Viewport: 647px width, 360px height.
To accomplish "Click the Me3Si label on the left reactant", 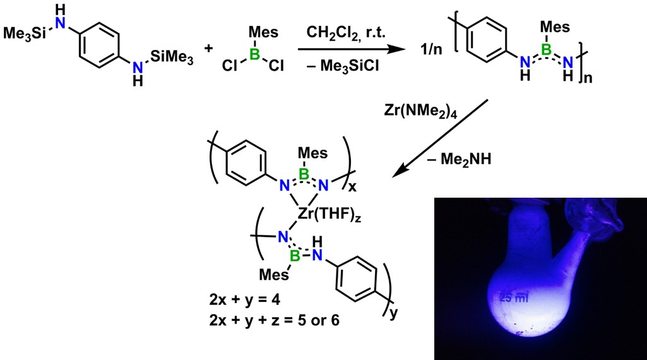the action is tap(25, 33).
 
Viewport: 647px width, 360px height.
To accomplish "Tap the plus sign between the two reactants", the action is tap(209, 48).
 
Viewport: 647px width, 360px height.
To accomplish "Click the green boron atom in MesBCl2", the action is tap(256, 54).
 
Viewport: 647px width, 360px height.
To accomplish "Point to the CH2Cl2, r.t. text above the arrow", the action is tap(346, 32).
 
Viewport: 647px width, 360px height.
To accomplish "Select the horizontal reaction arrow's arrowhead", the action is tap(396, 49).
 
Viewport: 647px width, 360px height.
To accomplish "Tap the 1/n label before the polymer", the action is tap(431, 49).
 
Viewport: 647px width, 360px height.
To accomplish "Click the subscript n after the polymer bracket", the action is tap(588, 78).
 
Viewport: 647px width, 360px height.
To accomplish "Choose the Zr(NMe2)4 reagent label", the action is tap(420, 111).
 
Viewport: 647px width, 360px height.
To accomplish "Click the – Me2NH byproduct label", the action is tap(460, 159).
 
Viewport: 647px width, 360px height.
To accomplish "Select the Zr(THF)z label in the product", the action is tap(329, 215).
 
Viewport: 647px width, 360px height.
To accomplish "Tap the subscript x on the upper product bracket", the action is tap(352, 188).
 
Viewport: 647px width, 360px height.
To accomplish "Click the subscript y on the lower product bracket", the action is tap(394, 313).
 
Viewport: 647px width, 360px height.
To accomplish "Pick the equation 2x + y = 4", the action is tap(245, 300).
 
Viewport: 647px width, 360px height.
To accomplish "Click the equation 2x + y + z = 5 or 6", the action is tap(274, 320).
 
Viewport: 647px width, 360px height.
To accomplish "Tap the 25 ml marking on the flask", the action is tap(514, 297).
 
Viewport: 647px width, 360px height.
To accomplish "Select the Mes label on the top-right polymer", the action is tap(555, 27).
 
